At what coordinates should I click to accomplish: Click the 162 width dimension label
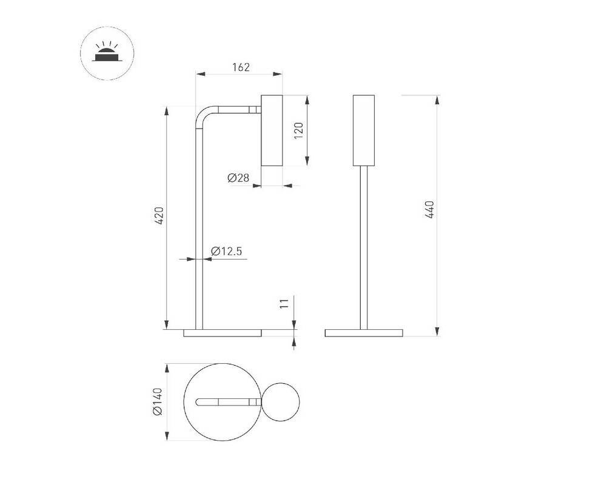[241, 67]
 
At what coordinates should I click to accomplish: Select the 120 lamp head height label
[299, 130]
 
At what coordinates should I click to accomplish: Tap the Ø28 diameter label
[239, 178]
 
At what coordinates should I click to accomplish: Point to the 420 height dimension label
[159, 216]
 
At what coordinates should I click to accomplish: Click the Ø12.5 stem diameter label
[227, 251]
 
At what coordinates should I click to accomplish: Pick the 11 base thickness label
[284, 303]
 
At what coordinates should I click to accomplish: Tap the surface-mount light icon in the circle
[107, 53]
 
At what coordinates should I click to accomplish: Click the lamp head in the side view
[272, 130]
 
